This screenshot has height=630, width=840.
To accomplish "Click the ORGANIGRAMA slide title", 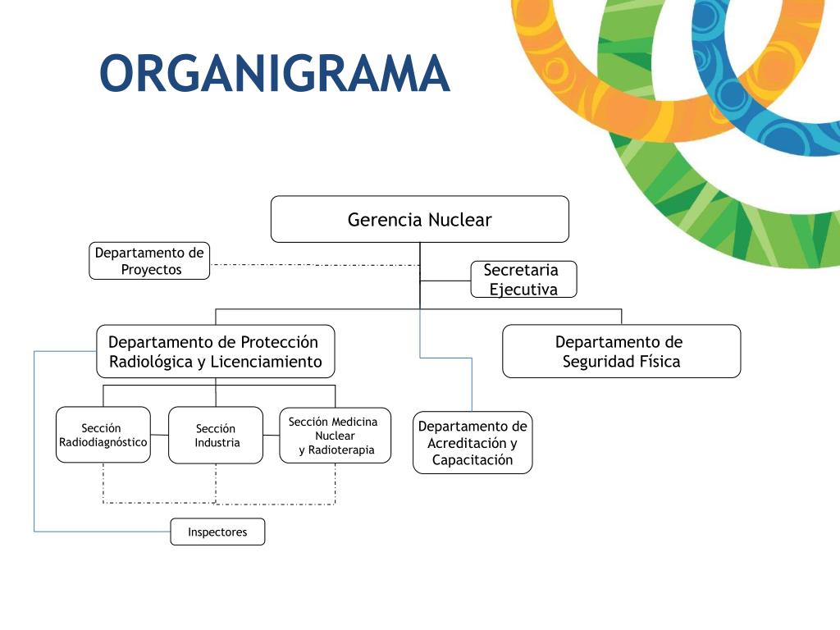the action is tap(275, 73).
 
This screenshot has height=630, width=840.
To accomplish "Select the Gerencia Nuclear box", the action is tap(419, 219).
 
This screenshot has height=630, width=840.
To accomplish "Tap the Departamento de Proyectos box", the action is tap(149, 261).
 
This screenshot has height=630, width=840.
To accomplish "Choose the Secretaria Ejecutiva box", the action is tap(523, 279).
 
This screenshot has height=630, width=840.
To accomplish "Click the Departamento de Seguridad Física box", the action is tap(622, 351).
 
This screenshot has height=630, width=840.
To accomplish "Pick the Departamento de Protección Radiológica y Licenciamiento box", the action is tap(216, 351).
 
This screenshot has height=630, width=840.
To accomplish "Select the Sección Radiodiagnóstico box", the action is tap(103, 435).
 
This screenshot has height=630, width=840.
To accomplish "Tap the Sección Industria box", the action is tap(216, 435).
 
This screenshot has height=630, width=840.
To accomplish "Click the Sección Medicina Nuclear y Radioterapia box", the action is tap(335, 436).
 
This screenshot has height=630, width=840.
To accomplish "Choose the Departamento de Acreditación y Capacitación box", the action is tap(472, 442).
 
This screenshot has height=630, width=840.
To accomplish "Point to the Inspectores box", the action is tap(217, 532).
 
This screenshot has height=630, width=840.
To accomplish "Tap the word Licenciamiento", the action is tap(266, 362).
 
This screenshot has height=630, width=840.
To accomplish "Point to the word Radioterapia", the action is tap(340, 450).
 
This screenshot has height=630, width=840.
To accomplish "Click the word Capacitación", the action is tap(472, 459).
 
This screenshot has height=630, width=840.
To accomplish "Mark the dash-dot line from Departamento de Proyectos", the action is tap(314, 265).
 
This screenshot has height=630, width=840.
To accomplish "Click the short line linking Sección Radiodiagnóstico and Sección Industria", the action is tap(159, 435).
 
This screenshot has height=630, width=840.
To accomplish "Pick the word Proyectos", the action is tap(151, 270).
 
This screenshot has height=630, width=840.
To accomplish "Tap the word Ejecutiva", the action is tap(523, 290).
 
